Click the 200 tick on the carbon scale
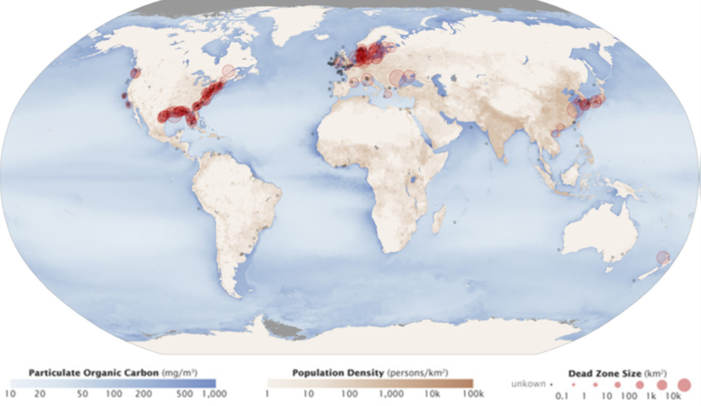[143, 395]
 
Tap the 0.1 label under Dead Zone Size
[562, 396]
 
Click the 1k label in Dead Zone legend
[650, 396]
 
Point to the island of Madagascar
[438, 220]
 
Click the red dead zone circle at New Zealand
[662, 258]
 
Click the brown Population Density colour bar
[370, 384]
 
